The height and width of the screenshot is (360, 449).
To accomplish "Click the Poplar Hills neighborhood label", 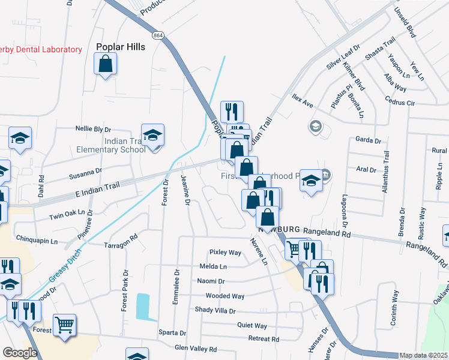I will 121,47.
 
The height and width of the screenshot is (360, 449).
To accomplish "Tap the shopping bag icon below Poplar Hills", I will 105,64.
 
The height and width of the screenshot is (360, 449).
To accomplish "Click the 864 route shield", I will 158,35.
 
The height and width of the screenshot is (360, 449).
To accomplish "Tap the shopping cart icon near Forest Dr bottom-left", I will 64,325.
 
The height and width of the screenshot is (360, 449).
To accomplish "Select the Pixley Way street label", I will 225,253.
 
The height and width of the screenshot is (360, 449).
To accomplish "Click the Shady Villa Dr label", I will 215,310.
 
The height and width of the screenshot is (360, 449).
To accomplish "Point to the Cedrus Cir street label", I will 402,103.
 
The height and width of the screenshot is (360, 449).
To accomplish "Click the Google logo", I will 20,353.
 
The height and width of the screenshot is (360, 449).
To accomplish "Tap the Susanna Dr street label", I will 85,173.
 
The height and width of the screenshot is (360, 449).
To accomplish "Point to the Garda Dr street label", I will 369,140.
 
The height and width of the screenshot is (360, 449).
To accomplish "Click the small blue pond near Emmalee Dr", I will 143,306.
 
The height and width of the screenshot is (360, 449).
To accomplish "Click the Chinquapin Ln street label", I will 36,241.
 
